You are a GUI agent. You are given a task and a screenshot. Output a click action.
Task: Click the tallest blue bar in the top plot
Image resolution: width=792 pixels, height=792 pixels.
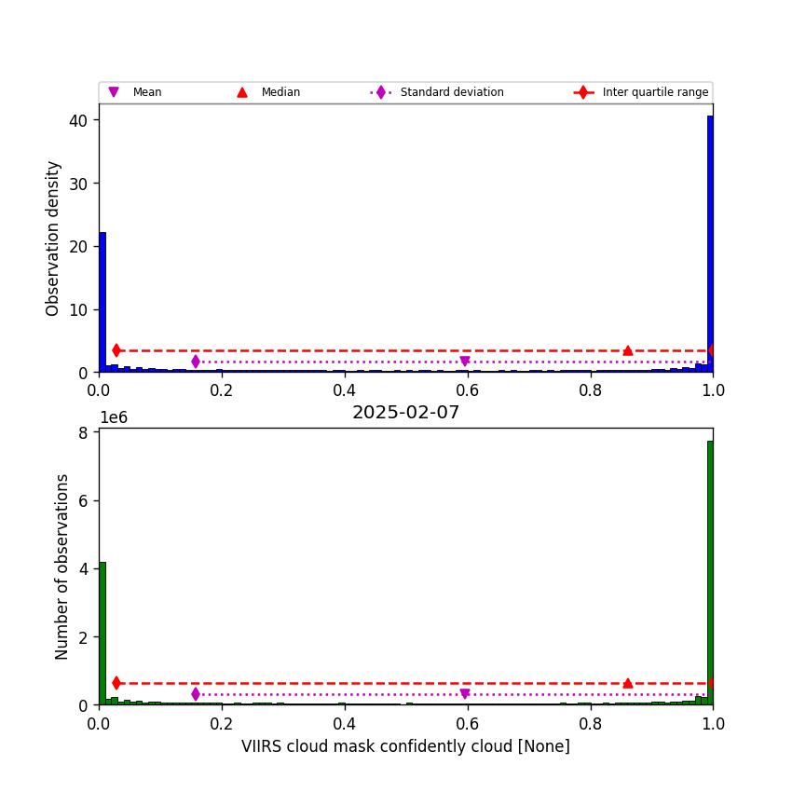click(710, 242)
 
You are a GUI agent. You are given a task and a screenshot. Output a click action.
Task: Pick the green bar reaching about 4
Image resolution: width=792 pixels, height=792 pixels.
click(102, 634)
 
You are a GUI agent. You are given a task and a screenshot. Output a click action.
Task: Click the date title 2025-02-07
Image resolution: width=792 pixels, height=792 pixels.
click(405, 413)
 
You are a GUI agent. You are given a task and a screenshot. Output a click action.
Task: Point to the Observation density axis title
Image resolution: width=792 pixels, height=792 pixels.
click(53, 238)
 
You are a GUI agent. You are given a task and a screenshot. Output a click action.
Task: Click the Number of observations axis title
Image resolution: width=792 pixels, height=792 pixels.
click(62, 567)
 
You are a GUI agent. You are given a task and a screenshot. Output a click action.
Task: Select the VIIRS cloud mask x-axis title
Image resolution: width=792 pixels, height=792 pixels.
click(405, 746)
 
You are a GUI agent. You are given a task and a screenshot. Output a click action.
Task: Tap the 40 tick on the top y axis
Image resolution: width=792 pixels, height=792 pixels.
click(77, 120)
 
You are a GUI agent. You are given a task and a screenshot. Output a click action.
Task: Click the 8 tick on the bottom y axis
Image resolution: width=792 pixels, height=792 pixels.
click(83, 432)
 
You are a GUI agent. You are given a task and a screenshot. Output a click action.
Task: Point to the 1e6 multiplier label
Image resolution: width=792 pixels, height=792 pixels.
click(113, 417)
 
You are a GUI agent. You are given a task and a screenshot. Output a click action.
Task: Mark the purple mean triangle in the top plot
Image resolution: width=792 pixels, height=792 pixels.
click(464, 362)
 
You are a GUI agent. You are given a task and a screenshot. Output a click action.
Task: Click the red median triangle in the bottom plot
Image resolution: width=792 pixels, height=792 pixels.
click(628, 683)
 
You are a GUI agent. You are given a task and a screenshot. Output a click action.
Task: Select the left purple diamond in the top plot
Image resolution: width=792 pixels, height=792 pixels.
click(196, 362)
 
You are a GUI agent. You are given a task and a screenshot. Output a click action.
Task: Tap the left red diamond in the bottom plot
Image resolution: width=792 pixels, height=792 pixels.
click(116, 683)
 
